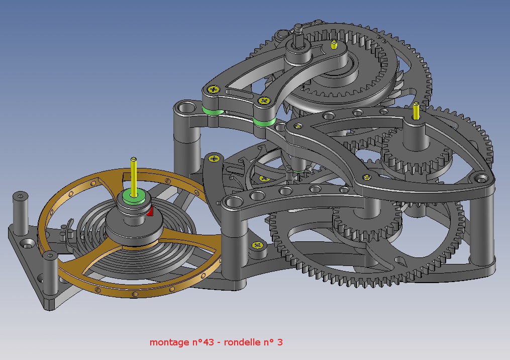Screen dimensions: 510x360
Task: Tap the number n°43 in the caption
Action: pyautogui.click(x=203, y=342)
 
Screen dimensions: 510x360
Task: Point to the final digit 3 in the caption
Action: pyautogui.click(x=280, y=342)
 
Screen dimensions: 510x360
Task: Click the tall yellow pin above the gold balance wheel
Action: pyautogui.click(x=133, y=177)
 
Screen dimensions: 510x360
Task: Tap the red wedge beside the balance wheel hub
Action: pyautogui.click(x=150, y=212)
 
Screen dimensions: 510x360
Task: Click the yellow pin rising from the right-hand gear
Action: pyautogui.click(x=416, y=111)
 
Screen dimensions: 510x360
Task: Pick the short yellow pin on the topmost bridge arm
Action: pyautogui.click(x=334, y=45)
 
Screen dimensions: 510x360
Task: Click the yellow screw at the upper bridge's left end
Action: pyautogui.click(x=214, y=89)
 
